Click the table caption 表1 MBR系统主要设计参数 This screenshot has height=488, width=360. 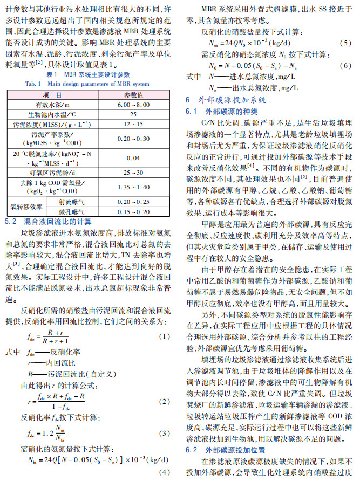(x=88, y=74)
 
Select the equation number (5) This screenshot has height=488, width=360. (x=346, y=43)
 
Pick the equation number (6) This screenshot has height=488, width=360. (x=346, y=65)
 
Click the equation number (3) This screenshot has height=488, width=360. (x=165, y=434)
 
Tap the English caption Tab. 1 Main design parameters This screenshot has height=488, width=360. (x=87, y=84)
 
